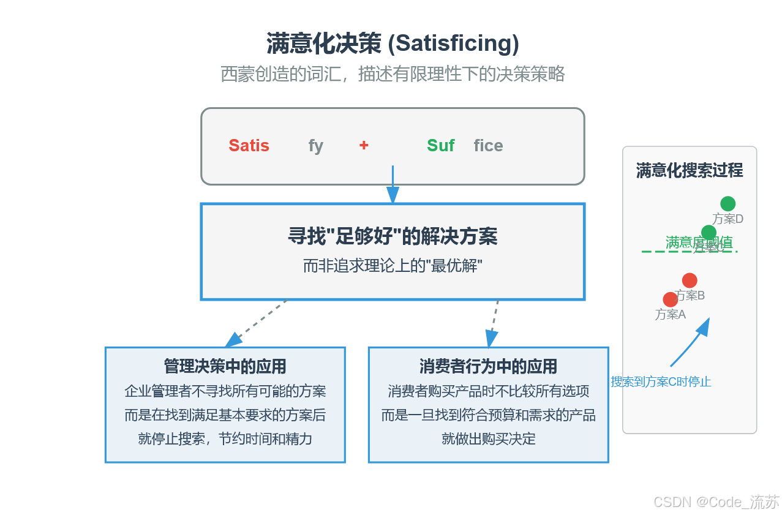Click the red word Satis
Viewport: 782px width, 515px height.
coord(249,146)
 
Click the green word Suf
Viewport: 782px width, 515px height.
coord(440,146)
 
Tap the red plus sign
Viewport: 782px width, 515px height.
coord(364,145)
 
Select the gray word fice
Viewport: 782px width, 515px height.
coord(488,146)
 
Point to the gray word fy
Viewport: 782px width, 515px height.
coord(315,146)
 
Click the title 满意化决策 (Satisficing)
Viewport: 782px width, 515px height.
coord(393,43)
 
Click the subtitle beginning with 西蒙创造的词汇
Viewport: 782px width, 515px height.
coord(393,74)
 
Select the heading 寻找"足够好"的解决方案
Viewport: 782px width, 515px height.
coord(393,236)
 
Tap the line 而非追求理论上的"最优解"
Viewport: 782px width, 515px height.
coord(393,266)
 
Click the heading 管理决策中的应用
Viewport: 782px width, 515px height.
coord(225,366)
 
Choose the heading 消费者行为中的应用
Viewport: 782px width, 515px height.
coord(488,366)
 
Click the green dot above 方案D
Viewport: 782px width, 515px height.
coord(727,204)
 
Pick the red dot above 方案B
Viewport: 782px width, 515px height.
coord(690,280)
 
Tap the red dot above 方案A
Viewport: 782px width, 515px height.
coord(671,299)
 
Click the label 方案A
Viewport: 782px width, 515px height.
coord(670,315)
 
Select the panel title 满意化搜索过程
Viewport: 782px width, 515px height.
coord(690,170)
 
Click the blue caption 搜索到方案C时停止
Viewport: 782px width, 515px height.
coord(661,382)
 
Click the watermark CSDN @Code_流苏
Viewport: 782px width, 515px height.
coord(716,502)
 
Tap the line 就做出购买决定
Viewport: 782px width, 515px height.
coord(488,438)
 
